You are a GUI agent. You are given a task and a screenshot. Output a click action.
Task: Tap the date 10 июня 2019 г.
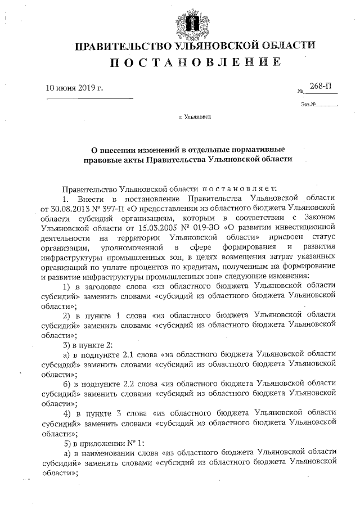pos(75,87)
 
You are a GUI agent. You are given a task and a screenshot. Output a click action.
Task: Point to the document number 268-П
pos(319,86)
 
